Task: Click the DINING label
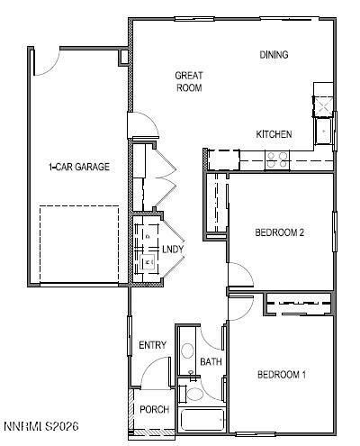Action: click(274, 55)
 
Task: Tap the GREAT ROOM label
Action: click(188, 82)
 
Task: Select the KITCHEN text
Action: click(274, 134)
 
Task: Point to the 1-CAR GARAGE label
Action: click(79, 167)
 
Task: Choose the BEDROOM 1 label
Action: click(282, 375)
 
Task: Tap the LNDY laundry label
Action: click(173, 248)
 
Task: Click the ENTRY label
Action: click(152, 345)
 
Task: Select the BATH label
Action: click(211, 362)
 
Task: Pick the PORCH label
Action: click(155, 410)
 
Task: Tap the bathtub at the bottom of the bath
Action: click(203, 421)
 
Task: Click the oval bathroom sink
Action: click(188, 350)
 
